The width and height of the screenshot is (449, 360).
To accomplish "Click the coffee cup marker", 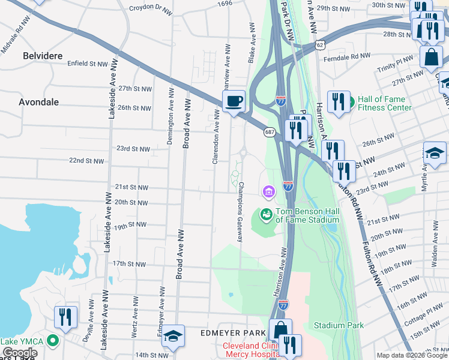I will [x=234, y=101].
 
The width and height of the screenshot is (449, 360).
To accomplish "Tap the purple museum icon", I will [x=268, y=191].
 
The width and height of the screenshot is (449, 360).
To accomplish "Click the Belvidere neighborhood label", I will [x=43, y=56].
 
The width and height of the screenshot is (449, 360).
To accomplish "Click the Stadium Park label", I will [x=339, y=325].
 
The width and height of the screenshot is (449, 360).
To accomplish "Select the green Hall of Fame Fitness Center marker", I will [x=351, y=99].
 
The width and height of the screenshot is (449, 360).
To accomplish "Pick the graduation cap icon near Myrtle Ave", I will [x=435, y=154].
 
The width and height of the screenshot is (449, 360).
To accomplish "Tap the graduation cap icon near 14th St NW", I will [x=173, y=337].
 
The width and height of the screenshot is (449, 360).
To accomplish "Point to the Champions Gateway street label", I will [x=241, y=212].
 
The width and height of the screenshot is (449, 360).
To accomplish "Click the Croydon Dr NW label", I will [x=150, y=9].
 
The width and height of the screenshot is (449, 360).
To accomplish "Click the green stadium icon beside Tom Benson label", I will [x=265, y=214].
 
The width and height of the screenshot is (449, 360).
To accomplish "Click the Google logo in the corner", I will [x=19, y=353].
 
